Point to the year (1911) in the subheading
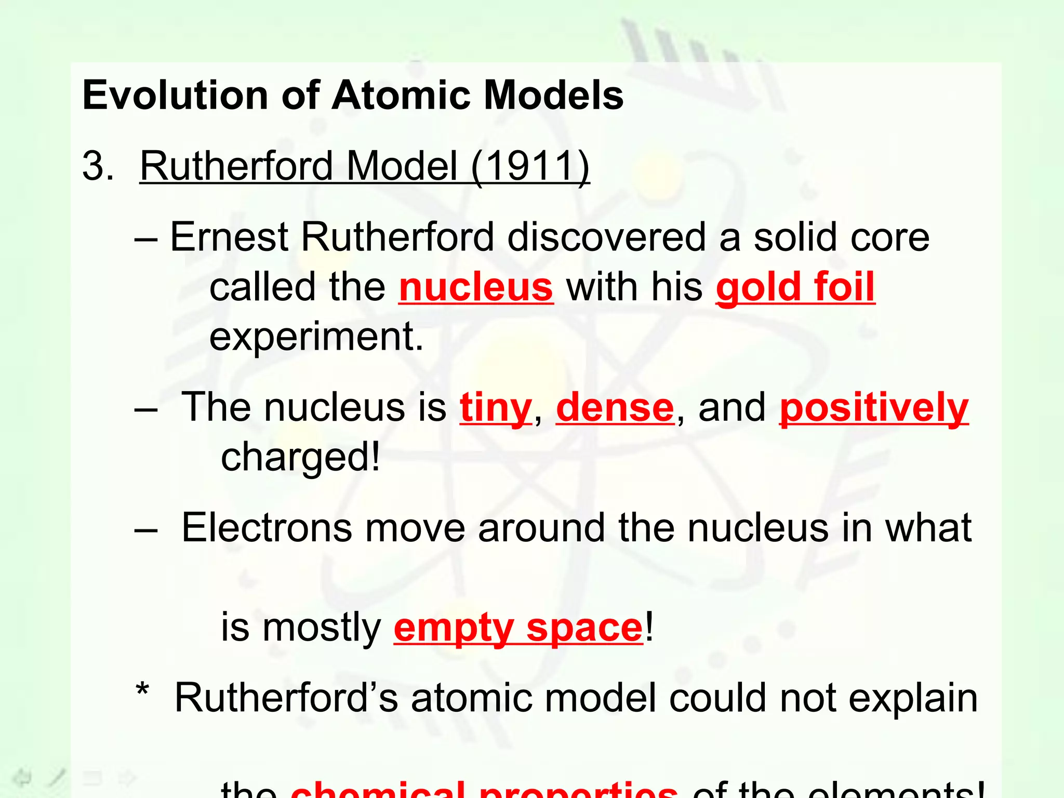pos(530,166)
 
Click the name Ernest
pos(229,237)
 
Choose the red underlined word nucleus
pos(476,287)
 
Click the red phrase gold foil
pos(795,287)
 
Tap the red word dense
pos(615,407)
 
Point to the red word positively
pos(874,408)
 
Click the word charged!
pos(300,458)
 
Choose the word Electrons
pos(265,528)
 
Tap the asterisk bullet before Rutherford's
pos(142,691)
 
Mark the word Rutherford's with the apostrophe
pos(286,698)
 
